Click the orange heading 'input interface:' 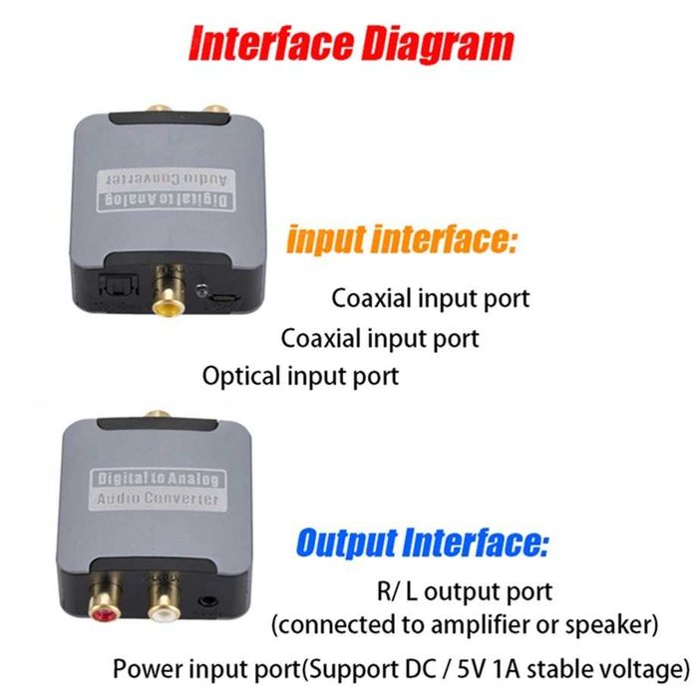pos(400,240)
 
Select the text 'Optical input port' pos(300,376)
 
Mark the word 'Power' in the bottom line pos(141,667)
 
